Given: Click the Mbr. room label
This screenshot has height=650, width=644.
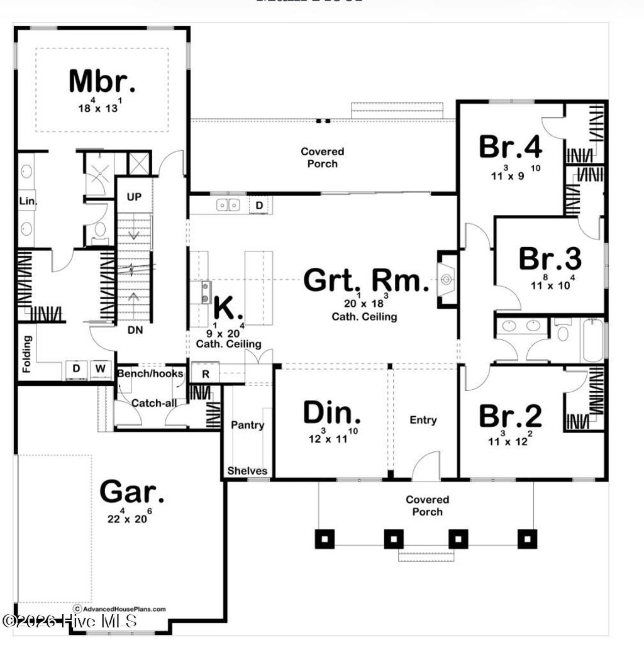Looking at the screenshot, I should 102,81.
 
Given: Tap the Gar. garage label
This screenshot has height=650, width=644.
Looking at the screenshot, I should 133,492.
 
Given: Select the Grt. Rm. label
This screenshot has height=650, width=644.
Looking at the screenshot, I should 366,280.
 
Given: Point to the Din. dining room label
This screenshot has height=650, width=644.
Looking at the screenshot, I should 332,413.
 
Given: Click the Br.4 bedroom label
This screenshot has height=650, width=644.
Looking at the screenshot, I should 510,147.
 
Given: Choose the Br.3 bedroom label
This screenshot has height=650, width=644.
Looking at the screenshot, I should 550,258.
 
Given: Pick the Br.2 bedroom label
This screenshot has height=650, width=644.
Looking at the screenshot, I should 510,416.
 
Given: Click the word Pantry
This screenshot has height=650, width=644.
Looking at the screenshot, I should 247,426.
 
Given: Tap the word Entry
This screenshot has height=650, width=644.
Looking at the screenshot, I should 423,420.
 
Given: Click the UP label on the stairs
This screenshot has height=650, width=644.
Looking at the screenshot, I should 134,197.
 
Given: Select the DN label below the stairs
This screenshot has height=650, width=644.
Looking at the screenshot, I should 134,329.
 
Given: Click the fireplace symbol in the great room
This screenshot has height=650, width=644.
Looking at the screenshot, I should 447,279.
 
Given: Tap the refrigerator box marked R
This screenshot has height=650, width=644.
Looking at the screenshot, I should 205,373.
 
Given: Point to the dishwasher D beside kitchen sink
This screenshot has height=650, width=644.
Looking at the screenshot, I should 259,205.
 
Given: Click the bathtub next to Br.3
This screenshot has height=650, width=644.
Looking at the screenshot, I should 592,340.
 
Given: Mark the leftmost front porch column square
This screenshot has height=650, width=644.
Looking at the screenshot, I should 325,538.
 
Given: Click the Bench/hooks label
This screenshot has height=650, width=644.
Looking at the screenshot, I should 150,373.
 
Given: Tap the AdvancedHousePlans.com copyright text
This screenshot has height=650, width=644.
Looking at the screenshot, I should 119,609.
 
